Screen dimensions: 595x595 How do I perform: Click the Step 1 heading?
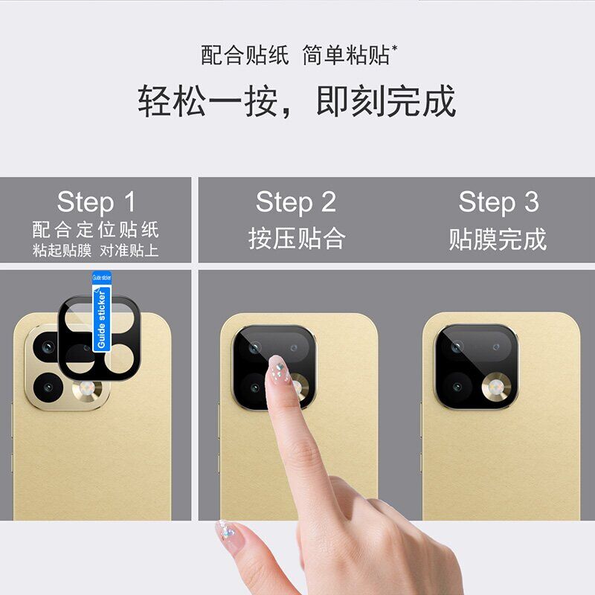tap(96, 202)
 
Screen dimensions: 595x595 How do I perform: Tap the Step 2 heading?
tap(296, 202)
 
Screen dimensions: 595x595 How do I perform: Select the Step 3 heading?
tap(498, 202)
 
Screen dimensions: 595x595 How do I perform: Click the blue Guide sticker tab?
tap(102, 311)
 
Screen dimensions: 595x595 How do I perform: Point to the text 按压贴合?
tap(297, 238)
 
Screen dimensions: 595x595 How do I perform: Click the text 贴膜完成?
tap(498, 239)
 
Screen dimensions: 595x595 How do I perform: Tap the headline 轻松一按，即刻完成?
tap(297, 101)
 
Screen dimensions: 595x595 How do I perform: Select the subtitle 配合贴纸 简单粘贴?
tap(299, 55)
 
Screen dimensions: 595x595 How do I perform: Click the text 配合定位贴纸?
tap(95, 229)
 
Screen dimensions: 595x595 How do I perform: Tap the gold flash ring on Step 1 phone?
tap(87, 390)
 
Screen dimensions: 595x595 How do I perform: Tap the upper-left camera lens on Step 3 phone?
tap(457, 347)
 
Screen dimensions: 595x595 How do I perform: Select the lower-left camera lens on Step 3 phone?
tap(457, 387)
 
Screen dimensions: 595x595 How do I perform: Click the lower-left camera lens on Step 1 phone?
tap(48, 387)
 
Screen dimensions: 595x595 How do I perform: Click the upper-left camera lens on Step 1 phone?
tap(47, 347)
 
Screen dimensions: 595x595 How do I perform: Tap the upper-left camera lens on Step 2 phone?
tap(254, 347)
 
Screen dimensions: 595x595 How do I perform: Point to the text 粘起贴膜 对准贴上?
tap(95, 251)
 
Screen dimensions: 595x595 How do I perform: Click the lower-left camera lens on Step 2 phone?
tap(255, 387)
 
